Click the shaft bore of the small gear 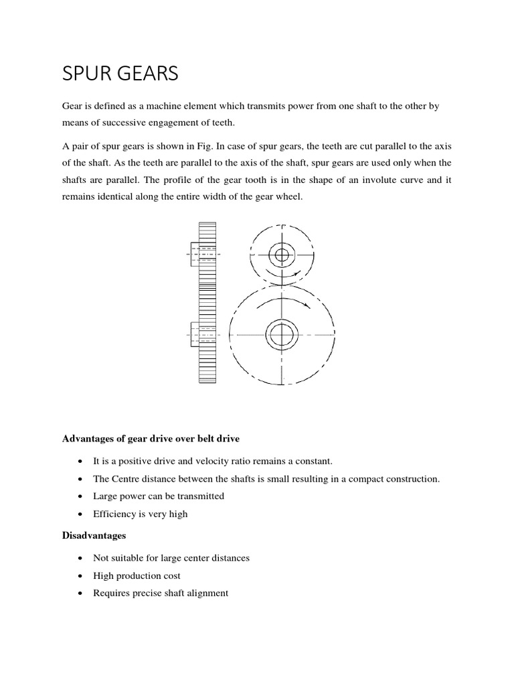point(282,255)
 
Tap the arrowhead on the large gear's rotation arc point(306,305)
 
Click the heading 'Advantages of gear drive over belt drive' point(151,438)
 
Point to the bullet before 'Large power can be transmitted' point(80,496)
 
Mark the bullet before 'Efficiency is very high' point(80,514)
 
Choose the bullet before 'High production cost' point(80,575)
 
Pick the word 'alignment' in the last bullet point(207,593)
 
